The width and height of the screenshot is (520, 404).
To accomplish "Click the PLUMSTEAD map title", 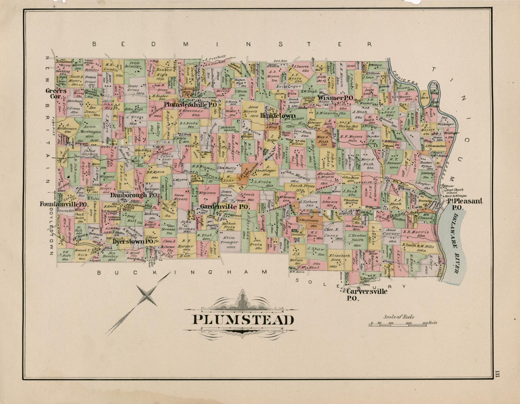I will pos(243,320).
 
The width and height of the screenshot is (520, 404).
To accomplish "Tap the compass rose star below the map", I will pos(147,296).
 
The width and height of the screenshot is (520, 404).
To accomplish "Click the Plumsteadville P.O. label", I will pos(191,103).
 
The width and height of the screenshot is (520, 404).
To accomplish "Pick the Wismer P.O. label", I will pos(336,98).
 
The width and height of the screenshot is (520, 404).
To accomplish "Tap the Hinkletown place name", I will pos(278,115).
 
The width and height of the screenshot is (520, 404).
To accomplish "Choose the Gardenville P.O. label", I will pos(224,207).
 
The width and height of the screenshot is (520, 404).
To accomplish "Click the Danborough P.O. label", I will pos(134,194).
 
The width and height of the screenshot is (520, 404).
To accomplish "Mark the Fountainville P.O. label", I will pos(62,204).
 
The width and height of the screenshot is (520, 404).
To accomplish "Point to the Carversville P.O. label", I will pos(366,294).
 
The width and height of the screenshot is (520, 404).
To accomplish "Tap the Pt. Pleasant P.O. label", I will pos(464,204).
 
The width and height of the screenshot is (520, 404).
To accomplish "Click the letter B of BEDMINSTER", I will pos(95,44).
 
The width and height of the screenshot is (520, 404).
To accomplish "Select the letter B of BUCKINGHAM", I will pos(99,273).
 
